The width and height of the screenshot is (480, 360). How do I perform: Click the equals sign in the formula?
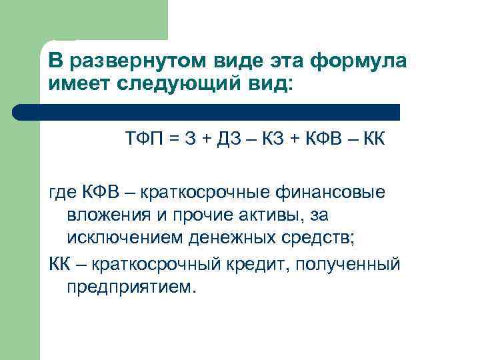click(x=175, y=141)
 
